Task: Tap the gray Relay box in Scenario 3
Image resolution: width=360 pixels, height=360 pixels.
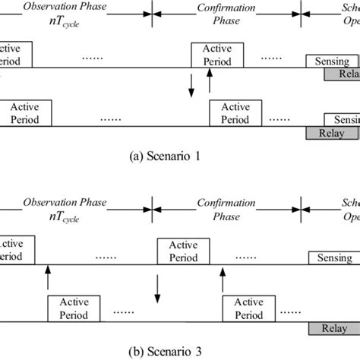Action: click(333, 328)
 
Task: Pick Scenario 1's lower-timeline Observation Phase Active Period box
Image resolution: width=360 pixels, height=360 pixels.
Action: click(27, 113)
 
